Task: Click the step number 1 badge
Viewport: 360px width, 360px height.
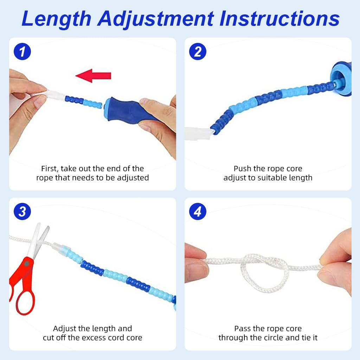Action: [22, 52]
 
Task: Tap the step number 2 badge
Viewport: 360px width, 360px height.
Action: [198, 52]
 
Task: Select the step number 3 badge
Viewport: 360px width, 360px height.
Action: [22, 212]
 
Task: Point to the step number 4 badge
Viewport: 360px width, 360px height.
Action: [198, 212]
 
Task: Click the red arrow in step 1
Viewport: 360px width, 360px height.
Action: [94, 76]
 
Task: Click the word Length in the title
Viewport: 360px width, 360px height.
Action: [56, 19]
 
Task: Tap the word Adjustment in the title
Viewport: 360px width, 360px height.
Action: [155, 19]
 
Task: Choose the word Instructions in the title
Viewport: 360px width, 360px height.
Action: [279, 19]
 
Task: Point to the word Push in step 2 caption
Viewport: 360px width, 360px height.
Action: [242, 169]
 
